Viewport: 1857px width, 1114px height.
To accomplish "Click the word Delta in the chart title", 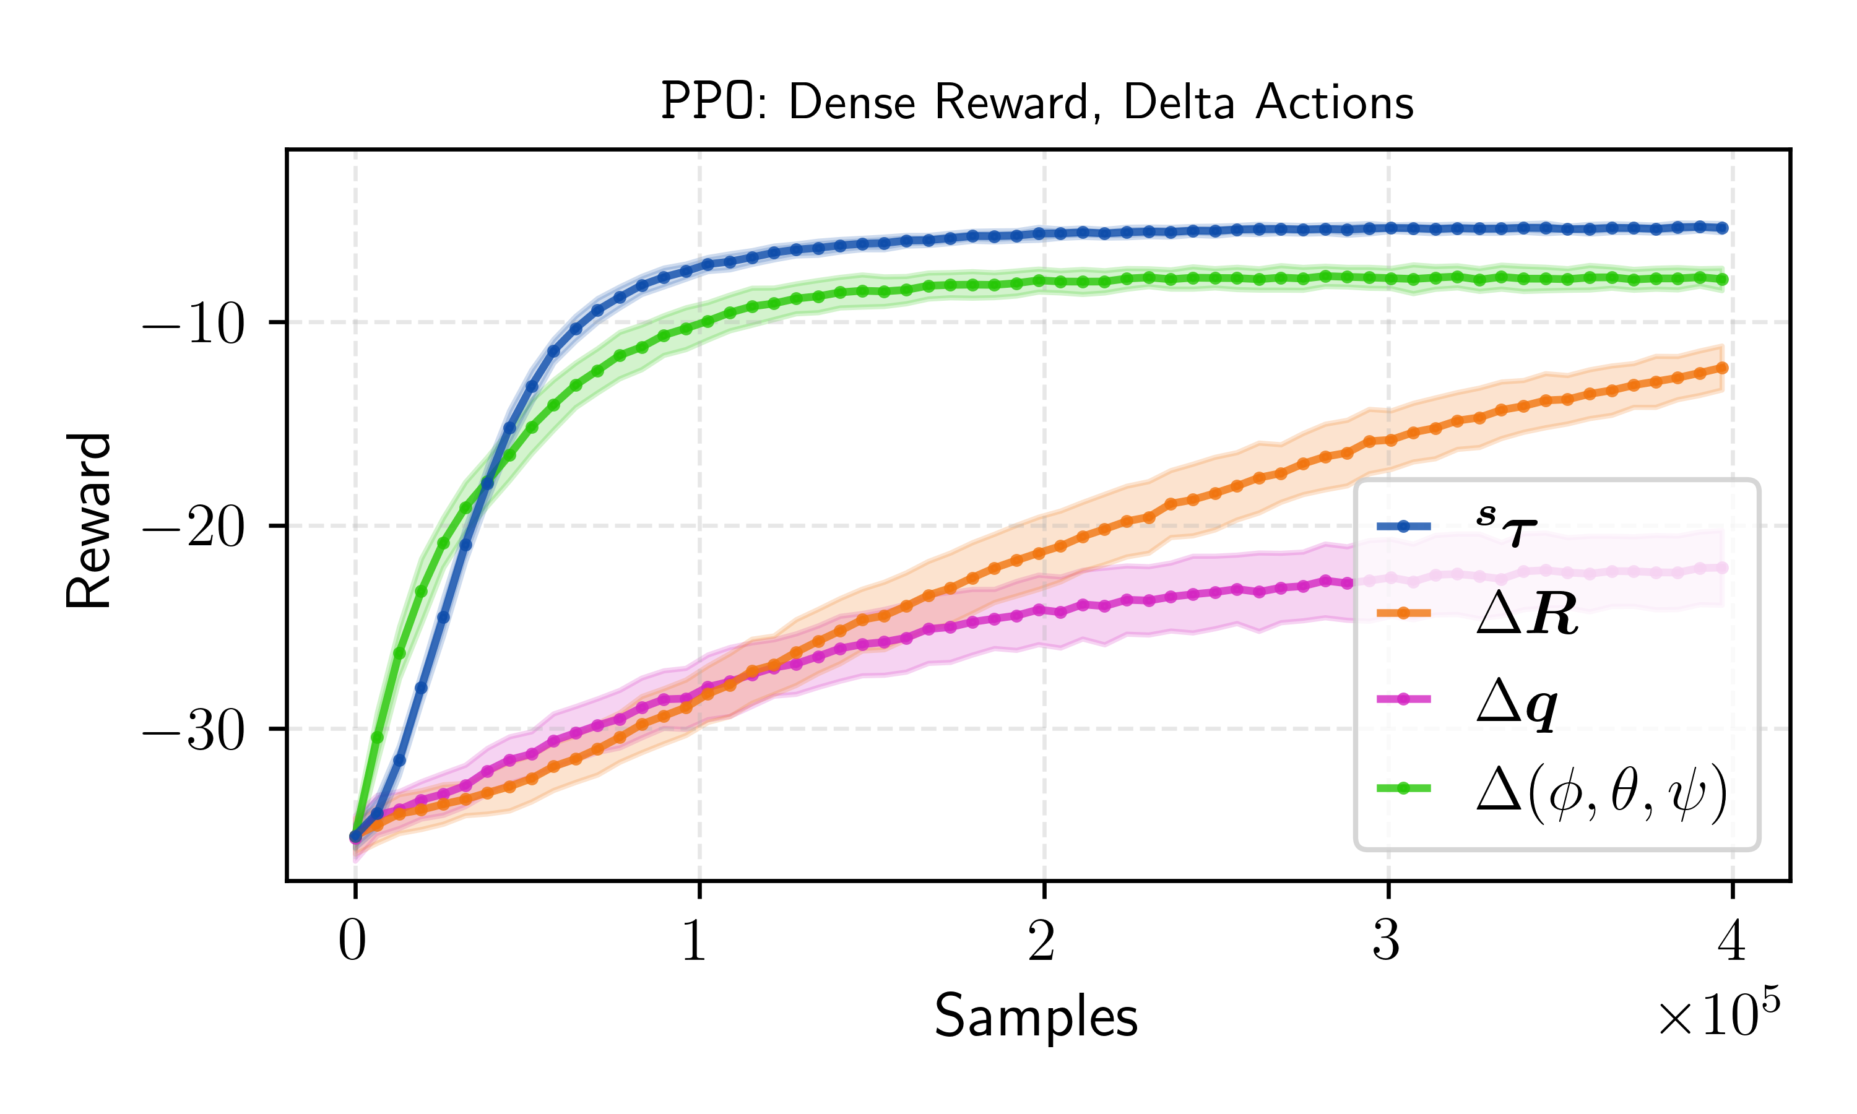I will point(1179,102).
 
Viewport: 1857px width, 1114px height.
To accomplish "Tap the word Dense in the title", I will point(852,102).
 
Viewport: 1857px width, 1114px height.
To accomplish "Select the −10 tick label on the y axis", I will point(193,325).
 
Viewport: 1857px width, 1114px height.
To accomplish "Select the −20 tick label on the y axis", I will point(193,528).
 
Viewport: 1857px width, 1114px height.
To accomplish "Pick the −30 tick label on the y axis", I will point(193,731).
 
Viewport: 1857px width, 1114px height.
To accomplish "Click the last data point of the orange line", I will point(1723,368).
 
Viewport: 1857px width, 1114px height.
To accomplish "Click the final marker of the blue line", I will point(1723,228).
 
